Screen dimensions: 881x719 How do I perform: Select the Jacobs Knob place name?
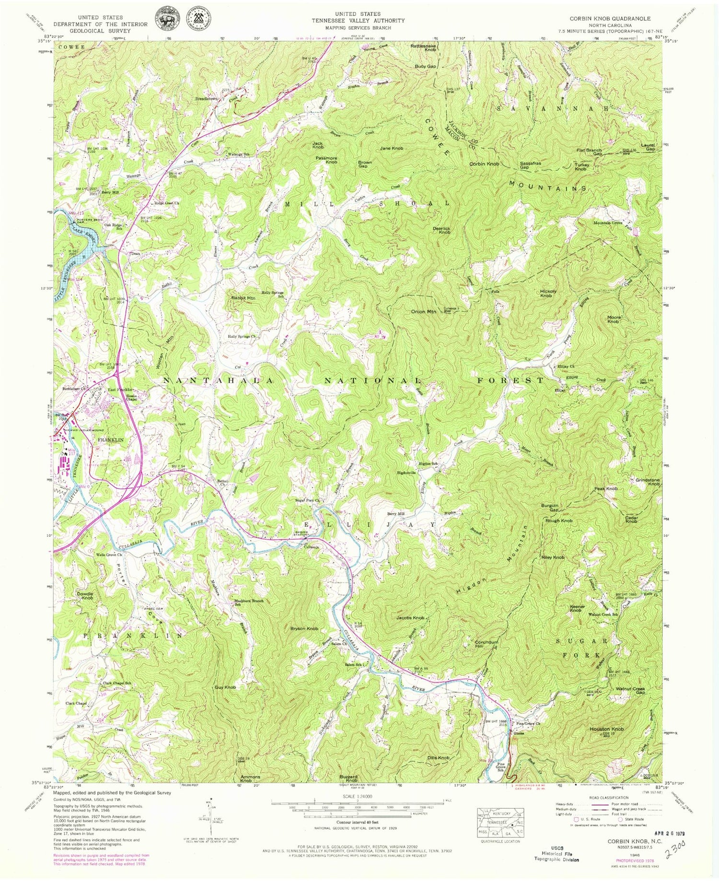pyautogui.click(x=410, y=618)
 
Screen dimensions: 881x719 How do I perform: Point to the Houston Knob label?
pyautogui.click(x=606, y=729)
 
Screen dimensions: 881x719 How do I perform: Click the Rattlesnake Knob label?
pyautogui.click(x=423, y=47)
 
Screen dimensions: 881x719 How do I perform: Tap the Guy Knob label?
pyautogui.click(x=225, y=687)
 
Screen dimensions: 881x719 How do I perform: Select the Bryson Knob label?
pyautogui.click(x=304, y=628)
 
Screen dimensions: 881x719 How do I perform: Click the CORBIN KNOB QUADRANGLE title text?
pyautogui.click(x=610, y=18)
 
